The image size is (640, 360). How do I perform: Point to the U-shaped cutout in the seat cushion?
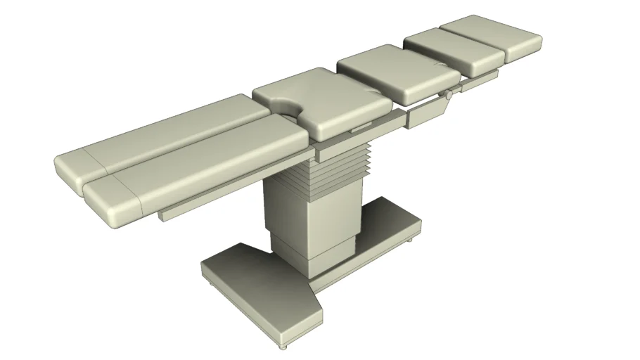[x=288, y=108]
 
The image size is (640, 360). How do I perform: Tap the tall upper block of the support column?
[x=309, y=214]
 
